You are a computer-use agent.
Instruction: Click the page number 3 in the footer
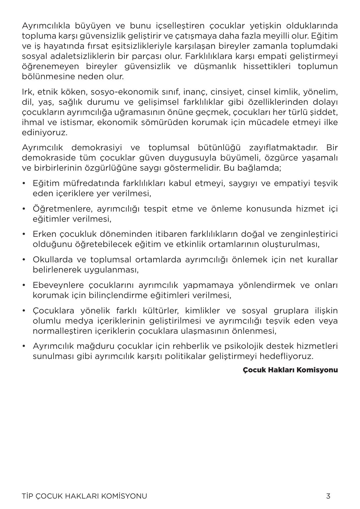click(328, 496)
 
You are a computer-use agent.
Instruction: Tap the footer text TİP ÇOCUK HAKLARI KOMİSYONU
click(84, 496)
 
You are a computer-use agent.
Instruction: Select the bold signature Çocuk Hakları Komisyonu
click(290, 370)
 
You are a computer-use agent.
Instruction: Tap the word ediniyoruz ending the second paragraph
click(44, 133)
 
